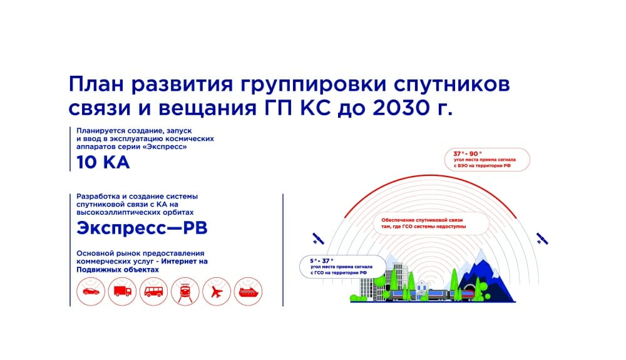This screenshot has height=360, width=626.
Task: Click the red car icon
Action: click(x=91, y=291)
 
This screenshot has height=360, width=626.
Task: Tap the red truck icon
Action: click(x=123, y=291)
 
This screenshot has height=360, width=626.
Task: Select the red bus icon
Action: click(x=154, y=292)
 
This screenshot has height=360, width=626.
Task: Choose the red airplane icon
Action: click(x=217, y=292)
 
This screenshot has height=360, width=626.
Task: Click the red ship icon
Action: click(x=249, y=292)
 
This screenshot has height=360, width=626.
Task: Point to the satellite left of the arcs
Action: click(x=318, y=239)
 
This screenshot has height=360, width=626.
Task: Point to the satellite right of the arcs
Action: click(x=541, y=239)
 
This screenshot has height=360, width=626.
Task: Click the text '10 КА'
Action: click(x=103, y=162)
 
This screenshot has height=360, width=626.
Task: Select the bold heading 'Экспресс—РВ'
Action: click(x=141, y=229)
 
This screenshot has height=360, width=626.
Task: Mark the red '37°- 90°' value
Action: click(x=468, y=153)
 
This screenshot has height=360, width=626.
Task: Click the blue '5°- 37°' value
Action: click(x=321, y=261)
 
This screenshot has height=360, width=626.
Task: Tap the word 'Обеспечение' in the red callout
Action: click(x=398, y=220)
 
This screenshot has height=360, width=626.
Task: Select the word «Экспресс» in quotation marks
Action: click(x=168, y=147)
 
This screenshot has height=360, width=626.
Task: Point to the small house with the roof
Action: click(x=422, y=289)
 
